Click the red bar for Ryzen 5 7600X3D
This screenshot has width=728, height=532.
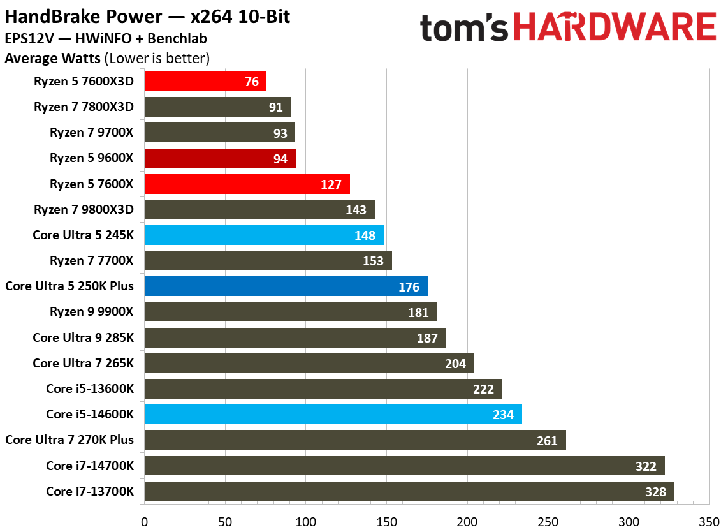[205, 82]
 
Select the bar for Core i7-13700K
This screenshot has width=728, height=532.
[409, 491]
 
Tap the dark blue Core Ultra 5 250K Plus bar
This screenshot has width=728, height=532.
[286, 286]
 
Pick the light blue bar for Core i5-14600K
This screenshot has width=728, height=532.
[333, 415]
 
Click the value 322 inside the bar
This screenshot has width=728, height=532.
[646, 466]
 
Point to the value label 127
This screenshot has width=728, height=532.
[332, 184]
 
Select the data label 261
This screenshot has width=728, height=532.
[547, 441]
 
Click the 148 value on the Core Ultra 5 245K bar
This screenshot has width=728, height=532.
[366, 235]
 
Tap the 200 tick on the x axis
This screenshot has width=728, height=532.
[467, 521]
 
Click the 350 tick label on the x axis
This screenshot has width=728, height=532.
[709, 521]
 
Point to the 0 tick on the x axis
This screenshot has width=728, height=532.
[145, 521]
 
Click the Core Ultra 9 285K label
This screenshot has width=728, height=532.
[83, 337]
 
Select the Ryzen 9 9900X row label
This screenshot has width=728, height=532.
[91, 312]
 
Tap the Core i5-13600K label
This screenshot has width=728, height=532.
[90, 388]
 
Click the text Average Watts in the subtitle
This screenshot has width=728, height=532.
[52, 59]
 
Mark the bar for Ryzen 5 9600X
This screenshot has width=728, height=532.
[220, 158]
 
